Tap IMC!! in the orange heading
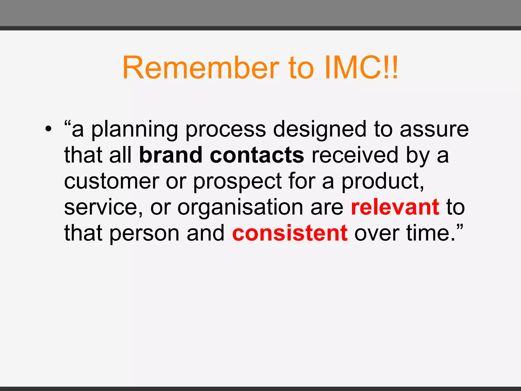(361, 68)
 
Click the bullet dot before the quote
(48, 130)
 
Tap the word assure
(434, 130)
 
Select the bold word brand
(171, 155)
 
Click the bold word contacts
(257, 155)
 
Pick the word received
(355, 155)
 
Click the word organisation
(240, 208)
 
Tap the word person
(144, 234)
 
